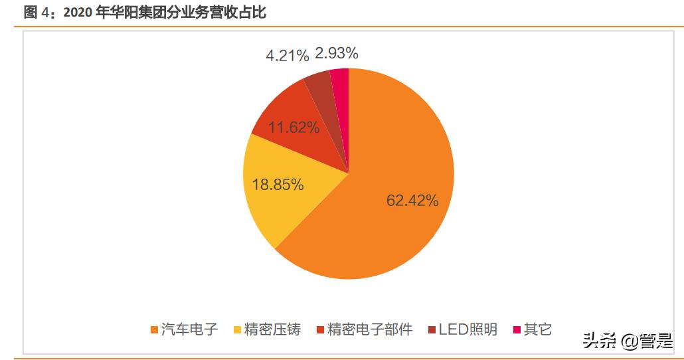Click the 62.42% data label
412,201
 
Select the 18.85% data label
278,185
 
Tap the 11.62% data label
294,128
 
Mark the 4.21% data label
288,56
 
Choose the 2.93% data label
337,52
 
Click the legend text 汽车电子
189,329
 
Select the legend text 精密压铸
272,329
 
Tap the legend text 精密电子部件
370,329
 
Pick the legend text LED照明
468,329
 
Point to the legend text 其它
537,329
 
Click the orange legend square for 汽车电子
155,330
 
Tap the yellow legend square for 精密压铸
238,330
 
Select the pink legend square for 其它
517,330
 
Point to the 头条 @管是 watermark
628,341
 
